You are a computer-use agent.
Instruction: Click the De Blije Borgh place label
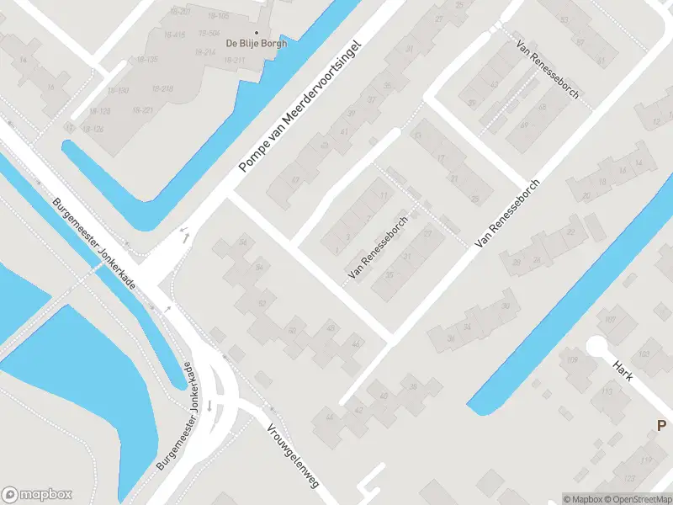(256, 44)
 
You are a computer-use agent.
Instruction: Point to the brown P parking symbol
(661, 426)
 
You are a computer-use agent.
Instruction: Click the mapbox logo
(37, 494)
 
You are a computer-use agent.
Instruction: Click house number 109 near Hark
(573, 361)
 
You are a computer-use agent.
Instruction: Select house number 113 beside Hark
(607, 391)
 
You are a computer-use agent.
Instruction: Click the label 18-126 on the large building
(93, 130)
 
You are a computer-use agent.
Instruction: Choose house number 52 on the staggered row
(262, 304)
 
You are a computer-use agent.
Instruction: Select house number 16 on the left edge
(52, 88)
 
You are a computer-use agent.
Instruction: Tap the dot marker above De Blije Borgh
(256, 32)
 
